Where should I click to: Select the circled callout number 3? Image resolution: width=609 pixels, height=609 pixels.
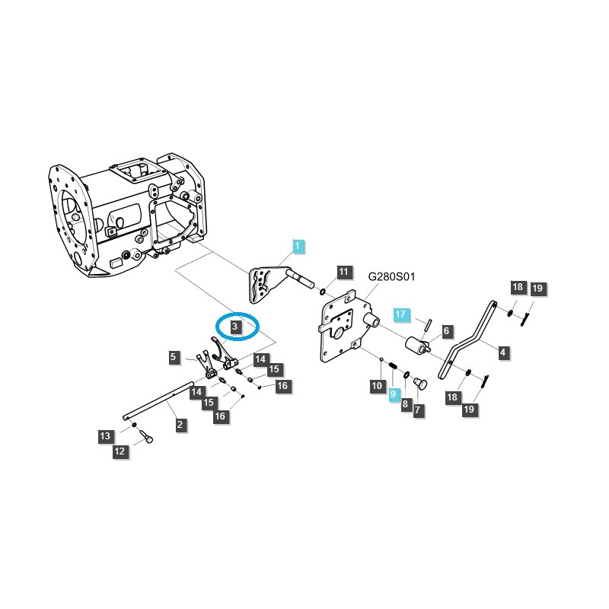[236, 326]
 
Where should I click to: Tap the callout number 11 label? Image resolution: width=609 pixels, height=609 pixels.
[343, 272]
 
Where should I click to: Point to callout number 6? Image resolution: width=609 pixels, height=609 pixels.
[447, 331]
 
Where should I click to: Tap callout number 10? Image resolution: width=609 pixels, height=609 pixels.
[377, 387]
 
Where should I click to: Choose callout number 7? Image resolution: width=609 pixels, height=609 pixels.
[419, 410]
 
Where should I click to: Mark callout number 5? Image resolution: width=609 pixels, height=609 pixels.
[174, 356]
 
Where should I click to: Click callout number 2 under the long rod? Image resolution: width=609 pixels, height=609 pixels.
[180, 425]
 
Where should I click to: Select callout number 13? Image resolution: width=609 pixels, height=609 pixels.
[104, 436]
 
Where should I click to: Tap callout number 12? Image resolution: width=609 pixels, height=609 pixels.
[120, 452]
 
